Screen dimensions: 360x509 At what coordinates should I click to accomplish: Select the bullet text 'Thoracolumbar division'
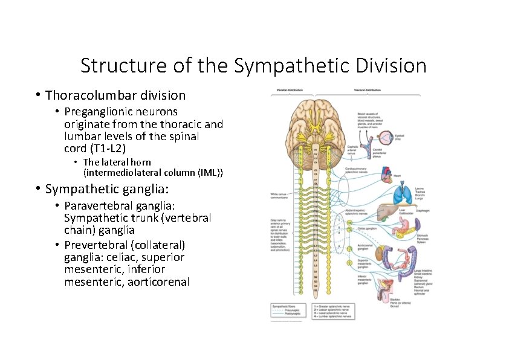115,95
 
